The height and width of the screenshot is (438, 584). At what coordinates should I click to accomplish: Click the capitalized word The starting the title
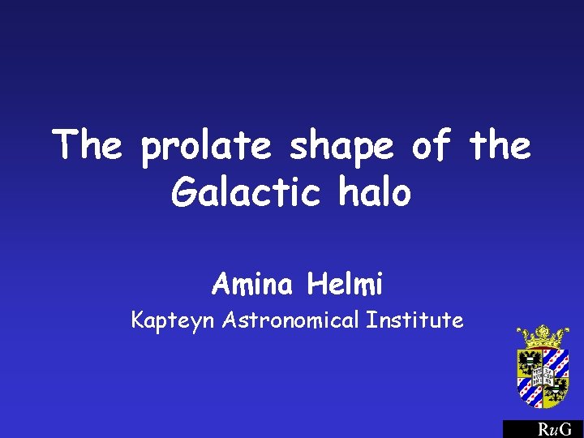click(88, 147)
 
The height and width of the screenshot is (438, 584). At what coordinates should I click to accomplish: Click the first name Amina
click(255, 284)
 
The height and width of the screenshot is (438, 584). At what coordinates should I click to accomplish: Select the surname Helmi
click(345, 284)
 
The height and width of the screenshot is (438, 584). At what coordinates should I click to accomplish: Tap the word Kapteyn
click(174, 320)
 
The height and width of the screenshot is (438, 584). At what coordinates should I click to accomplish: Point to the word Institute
click(414, 320)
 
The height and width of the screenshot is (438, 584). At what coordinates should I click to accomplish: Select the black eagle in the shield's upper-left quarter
click(531, 362)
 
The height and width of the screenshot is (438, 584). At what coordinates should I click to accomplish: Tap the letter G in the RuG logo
click(565, 430)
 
